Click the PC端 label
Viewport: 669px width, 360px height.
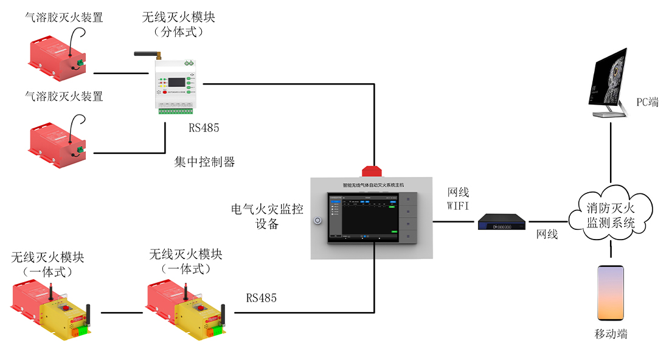coord(647,102)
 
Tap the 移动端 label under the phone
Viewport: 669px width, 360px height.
coord(611,334)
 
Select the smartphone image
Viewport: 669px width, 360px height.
coord(610,293)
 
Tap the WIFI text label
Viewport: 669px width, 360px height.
coord(458,206)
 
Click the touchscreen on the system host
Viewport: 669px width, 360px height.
coord(363,217)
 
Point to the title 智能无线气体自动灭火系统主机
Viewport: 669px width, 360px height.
coord(373,184)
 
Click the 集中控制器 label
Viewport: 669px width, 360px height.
coord(204,162)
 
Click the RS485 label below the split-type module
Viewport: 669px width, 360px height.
coord(204,128)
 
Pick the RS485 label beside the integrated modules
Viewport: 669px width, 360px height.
coord(262,298)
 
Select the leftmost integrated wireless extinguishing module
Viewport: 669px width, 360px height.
coord(52,306)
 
